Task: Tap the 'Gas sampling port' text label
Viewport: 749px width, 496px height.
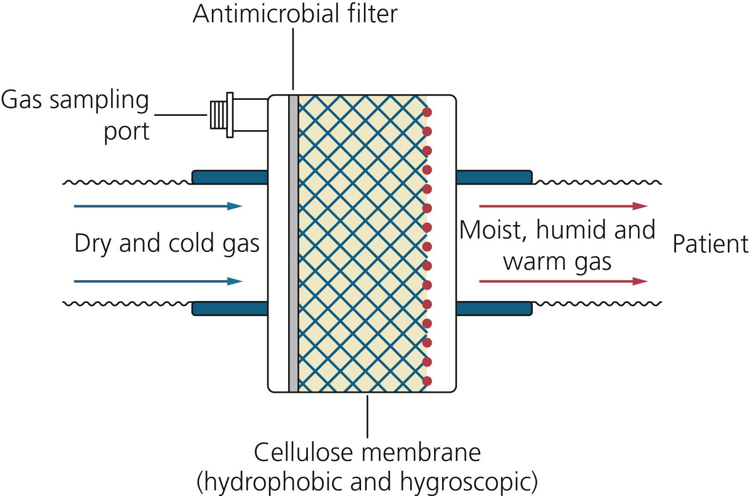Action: (x=75, y=115)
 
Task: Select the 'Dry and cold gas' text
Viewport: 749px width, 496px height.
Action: (x=167, y=244)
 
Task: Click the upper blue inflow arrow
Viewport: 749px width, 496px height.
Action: (x=158, y=206)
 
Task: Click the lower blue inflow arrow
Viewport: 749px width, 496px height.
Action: (x=158, y=281)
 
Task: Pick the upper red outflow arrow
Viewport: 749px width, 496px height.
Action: (x=563, y=206)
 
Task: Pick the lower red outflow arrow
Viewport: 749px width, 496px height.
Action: (x=563, y=281)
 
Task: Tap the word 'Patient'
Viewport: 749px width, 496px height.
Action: (x=709, y=244)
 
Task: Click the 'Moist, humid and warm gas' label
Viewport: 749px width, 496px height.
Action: (x=557, y=245)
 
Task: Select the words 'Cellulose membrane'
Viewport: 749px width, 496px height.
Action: (x=367, y=452)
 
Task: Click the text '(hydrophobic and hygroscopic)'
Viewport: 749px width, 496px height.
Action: (x=367, y=481)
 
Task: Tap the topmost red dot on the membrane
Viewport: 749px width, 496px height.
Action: (x=427, y=112)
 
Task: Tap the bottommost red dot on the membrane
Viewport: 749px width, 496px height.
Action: (x=427, y=381)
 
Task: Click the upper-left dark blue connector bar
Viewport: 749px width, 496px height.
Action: (x=230, y=177)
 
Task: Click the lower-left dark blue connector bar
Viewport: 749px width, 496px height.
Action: (x=230, y=309)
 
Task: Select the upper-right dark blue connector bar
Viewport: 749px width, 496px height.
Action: (x=494, y=177)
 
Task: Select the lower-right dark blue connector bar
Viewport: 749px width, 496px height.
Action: (x=494, y=309)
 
